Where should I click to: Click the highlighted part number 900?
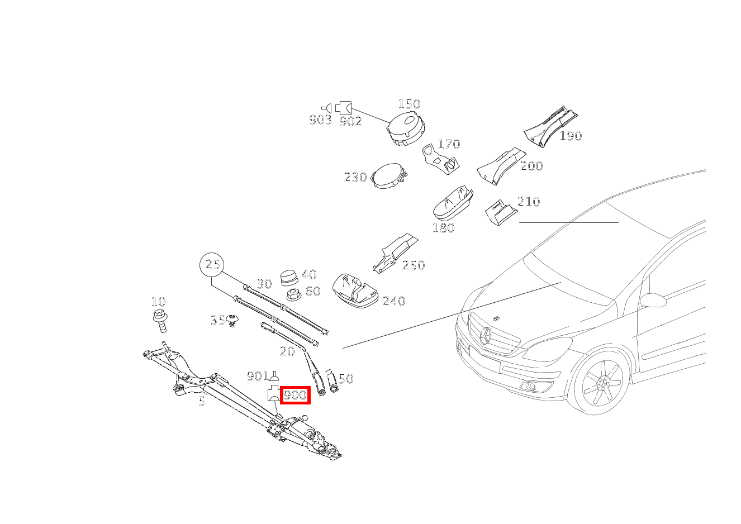(295, 395)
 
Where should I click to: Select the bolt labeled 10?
(160, 321)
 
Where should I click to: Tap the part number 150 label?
(409, 104)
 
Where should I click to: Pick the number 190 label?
(571, 136)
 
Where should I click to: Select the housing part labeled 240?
(354, 290)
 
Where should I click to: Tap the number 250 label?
(414, 265)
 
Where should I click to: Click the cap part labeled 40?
(289, 277)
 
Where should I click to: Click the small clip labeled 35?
(233, 321)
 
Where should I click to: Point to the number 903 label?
(320, 120)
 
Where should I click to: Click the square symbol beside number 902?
(344, 107)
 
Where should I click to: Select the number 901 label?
(258, 376)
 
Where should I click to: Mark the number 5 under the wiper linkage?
(202, 401)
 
